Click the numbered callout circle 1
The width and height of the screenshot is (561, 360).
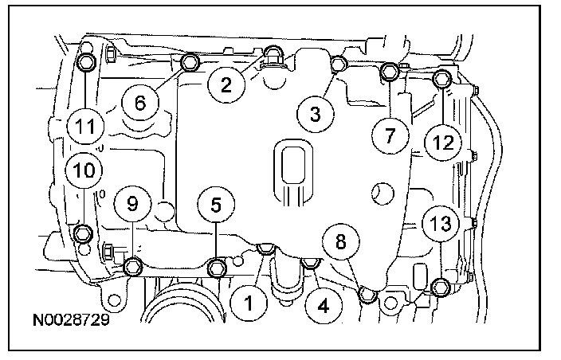pos(249,302)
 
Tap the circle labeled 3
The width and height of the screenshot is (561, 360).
pos(316,114)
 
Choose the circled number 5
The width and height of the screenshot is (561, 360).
pos(216,204)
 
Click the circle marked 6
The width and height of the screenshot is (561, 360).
pos(140,102)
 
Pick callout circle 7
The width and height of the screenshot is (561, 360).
pos(390,135)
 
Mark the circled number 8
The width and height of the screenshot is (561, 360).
pos(341,241)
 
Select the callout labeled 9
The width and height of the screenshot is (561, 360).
pos(131,204)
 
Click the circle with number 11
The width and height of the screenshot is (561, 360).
pos(84,126)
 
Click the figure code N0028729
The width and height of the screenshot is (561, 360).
pos(71,324)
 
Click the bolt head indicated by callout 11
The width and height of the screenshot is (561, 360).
pos(85,61)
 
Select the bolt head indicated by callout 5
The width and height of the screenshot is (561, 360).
pos(217,268)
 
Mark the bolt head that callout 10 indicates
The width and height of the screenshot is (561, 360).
pos(82,233)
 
